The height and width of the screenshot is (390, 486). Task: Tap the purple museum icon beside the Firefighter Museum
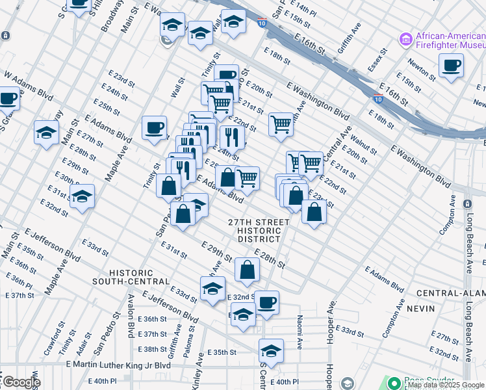click(406, 39)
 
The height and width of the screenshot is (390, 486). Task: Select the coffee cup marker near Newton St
click(451, 65)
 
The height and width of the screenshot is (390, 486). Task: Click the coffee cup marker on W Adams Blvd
click(8, 99)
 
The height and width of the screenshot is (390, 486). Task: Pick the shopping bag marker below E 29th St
click(247, 270)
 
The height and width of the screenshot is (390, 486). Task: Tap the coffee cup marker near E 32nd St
click(266, 302)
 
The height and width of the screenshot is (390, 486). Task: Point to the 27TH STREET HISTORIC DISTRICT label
click(259, 231)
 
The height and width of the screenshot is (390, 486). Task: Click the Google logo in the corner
click(21, 382)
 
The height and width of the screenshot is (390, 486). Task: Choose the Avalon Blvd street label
click(131, 321)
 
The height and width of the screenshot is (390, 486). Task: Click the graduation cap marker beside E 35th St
click(271, 351)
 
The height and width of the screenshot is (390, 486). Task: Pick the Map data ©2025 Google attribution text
click(446, 385)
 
